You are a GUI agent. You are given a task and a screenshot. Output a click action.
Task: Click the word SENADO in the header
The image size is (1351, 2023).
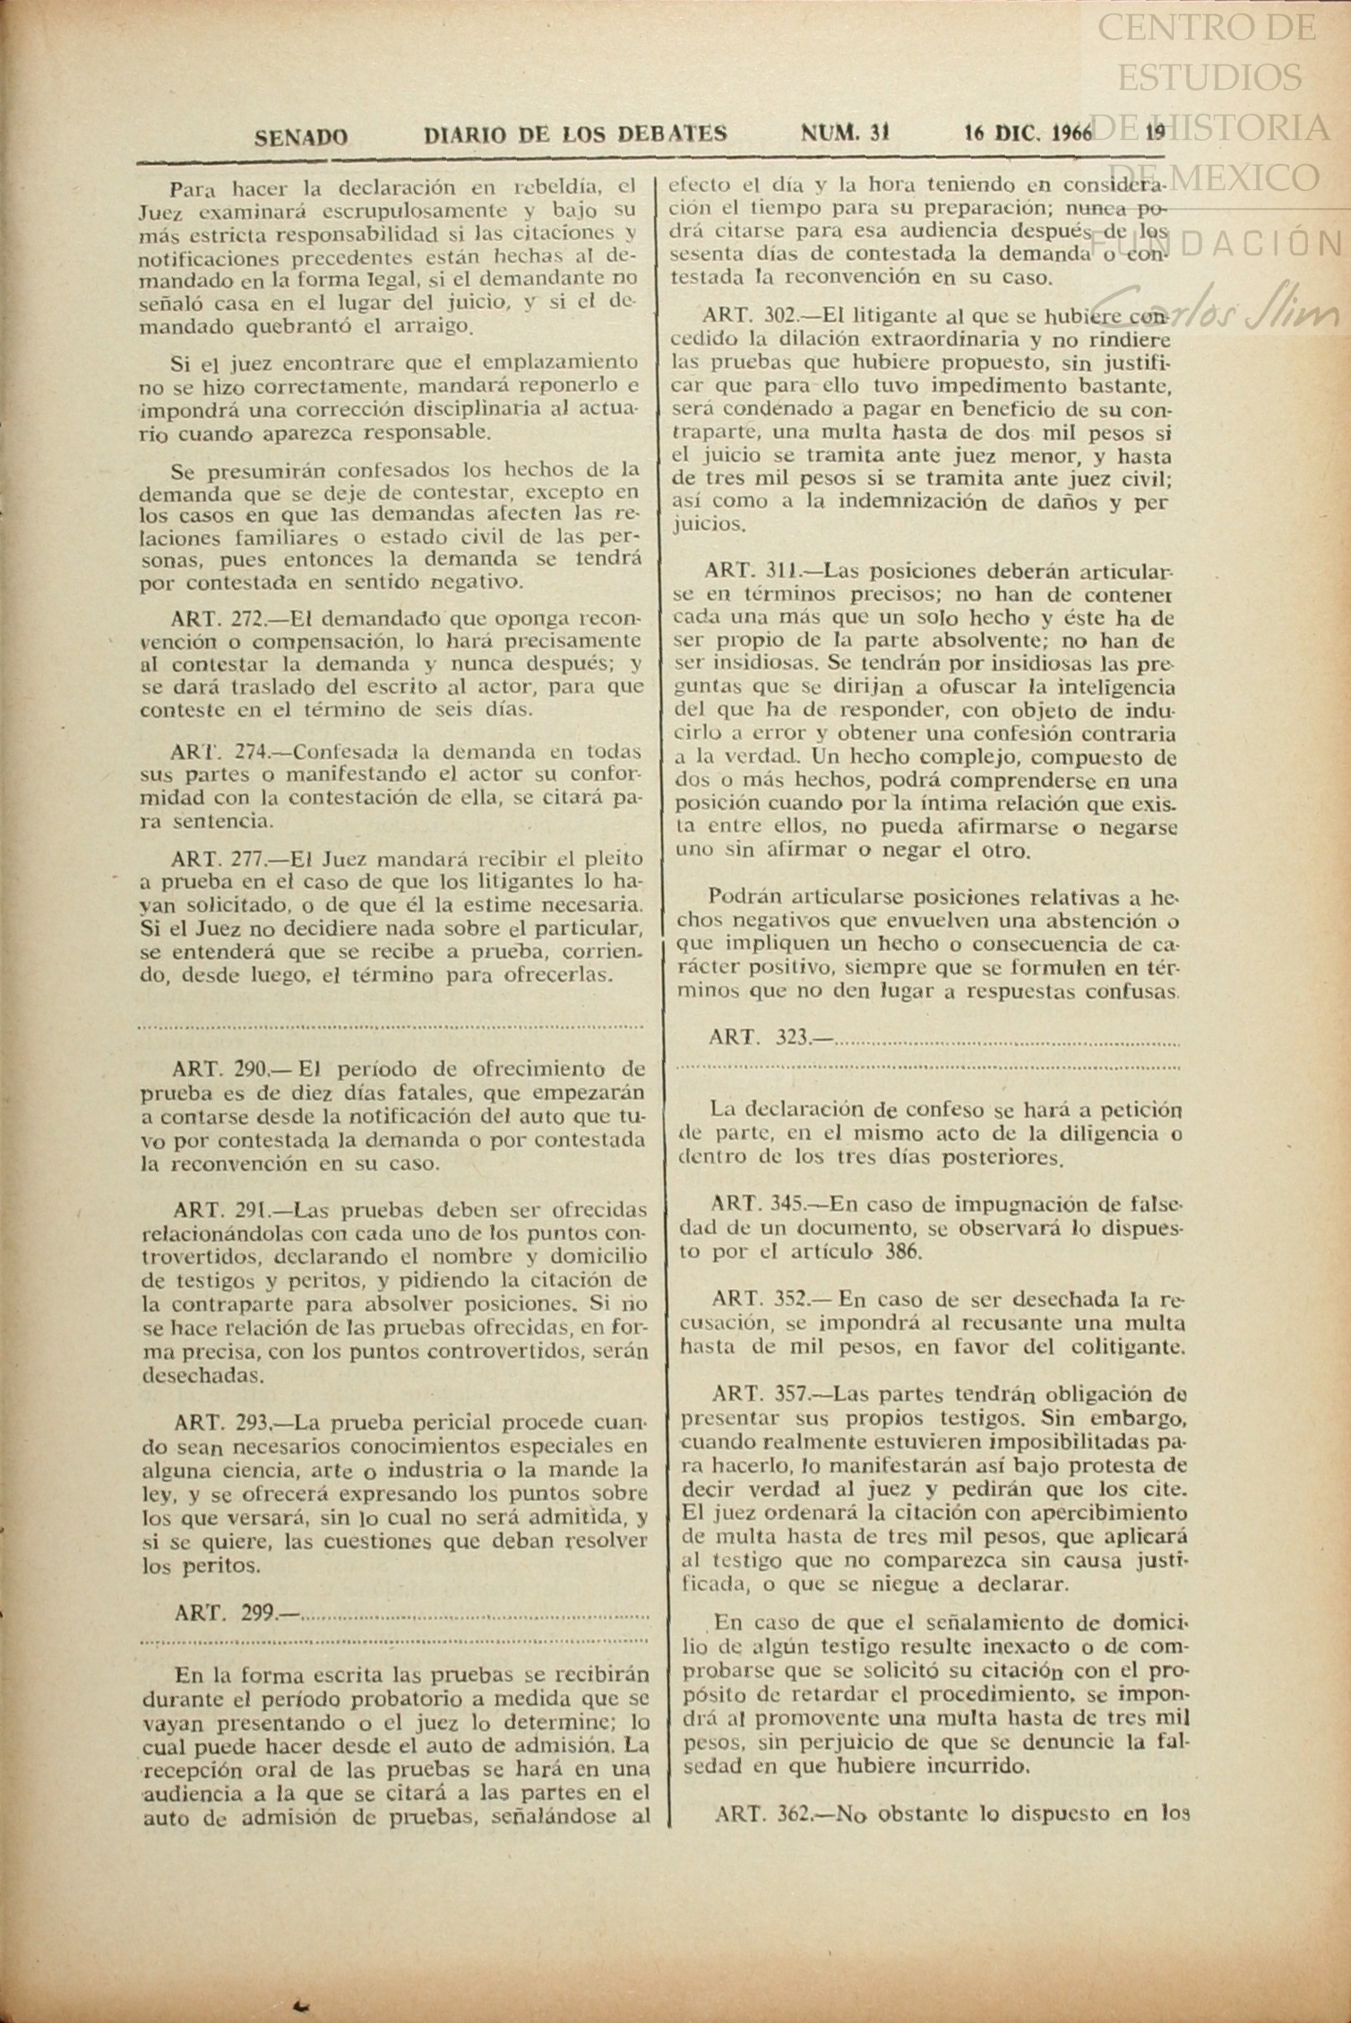tap(301, 136)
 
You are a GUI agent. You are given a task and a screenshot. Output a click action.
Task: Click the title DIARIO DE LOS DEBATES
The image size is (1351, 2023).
tap(574, 134)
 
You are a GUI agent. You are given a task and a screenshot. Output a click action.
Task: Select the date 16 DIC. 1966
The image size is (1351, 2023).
tap(1028, 134)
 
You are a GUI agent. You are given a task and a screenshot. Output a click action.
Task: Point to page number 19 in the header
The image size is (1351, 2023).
tap(1156, 133)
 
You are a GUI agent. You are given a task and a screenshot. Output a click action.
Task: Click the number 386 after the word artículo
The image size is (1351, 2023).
tap(902, 1251)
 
